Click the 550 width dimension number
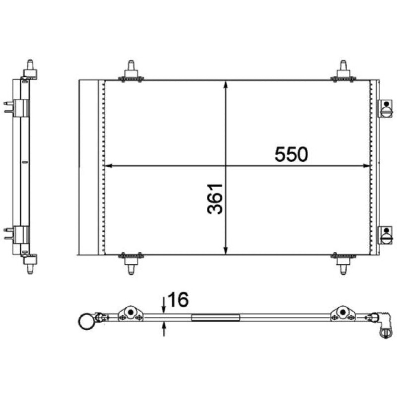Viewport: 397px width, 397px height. pos(291,154)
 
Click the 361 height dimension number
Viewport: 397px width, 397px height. pos(215,199)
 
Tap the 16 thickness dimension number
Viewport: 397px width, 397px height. pos(178,299)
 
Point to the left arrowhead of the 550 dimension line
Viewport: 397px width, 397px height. pos(108,166)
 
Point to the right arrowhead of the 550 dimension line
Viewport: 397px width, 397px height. pos(367,166)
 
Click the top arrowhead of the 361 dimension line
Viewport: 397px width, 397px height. pos(226,84)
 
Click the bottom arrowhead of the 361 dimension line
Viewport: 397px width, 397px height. pos(226,251)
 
